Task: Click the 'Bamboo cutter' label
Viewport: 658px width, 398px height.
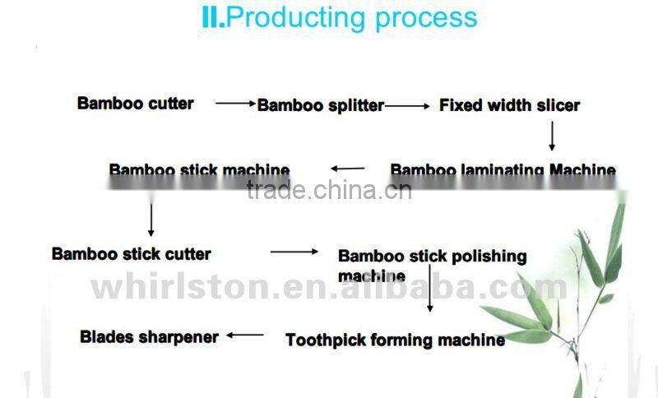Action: coord(136,104)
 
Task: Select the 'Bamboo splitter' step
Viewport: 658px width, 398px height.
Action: coord(321,105)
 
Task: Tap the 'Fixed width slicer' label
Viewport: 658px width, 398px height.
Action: coord(509,105)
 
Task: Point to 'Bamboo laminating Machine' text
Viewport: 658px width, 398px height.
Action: coord(503,170)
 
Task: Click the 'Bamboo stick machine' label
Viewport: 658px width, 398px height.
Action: coord(199,170)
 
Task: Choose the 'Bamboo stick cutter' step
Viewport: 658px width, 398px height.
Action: coord(132,253)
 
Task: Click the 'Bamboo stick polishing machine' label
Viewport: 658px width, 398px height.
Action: coord(432,265)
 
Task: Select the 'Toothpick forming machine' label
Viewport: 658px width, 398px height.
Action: coord(395,339)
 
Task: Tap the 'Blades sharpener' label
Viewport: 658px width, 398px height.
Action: coord(150,336)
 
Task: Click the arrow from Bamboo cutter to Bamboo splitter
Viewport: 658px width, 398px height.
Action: coord(236,104)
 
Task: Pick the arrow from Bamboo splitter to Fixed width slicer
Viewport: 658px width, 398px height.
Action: coord(407,105)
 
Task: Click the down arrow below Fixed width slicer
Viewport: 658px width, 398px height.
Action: coord(553,135)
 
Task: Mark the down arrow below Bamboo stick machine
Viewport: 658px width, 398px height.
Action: coord(151,219)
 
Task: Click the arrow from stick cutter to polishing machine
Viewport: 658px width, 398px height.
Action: coord(294,252)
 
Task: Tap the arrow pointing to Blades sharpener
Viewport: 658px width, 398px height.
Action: coord(245,335)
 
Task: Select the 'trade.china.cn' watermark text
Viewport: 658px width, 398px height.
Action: coord(329,191)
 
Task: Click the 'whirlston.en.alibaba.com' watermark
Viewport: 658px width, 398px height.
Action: coord(329,288)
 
